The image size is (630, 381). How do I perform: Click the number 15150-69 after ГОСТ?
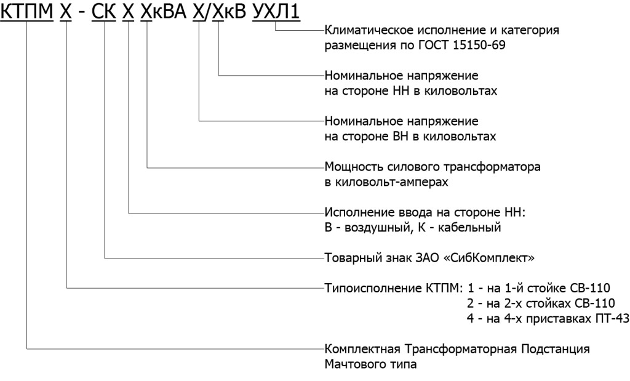tap(479, 45)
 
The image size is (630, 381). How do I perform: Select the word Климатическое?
tap(365, 30)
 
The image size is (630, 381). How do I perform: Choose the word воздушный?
tap(378, 228)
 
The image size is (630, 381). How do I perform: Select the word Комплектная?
tap(362, 349)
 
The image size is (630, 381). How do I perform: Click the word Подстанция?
tap(556, 349)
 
